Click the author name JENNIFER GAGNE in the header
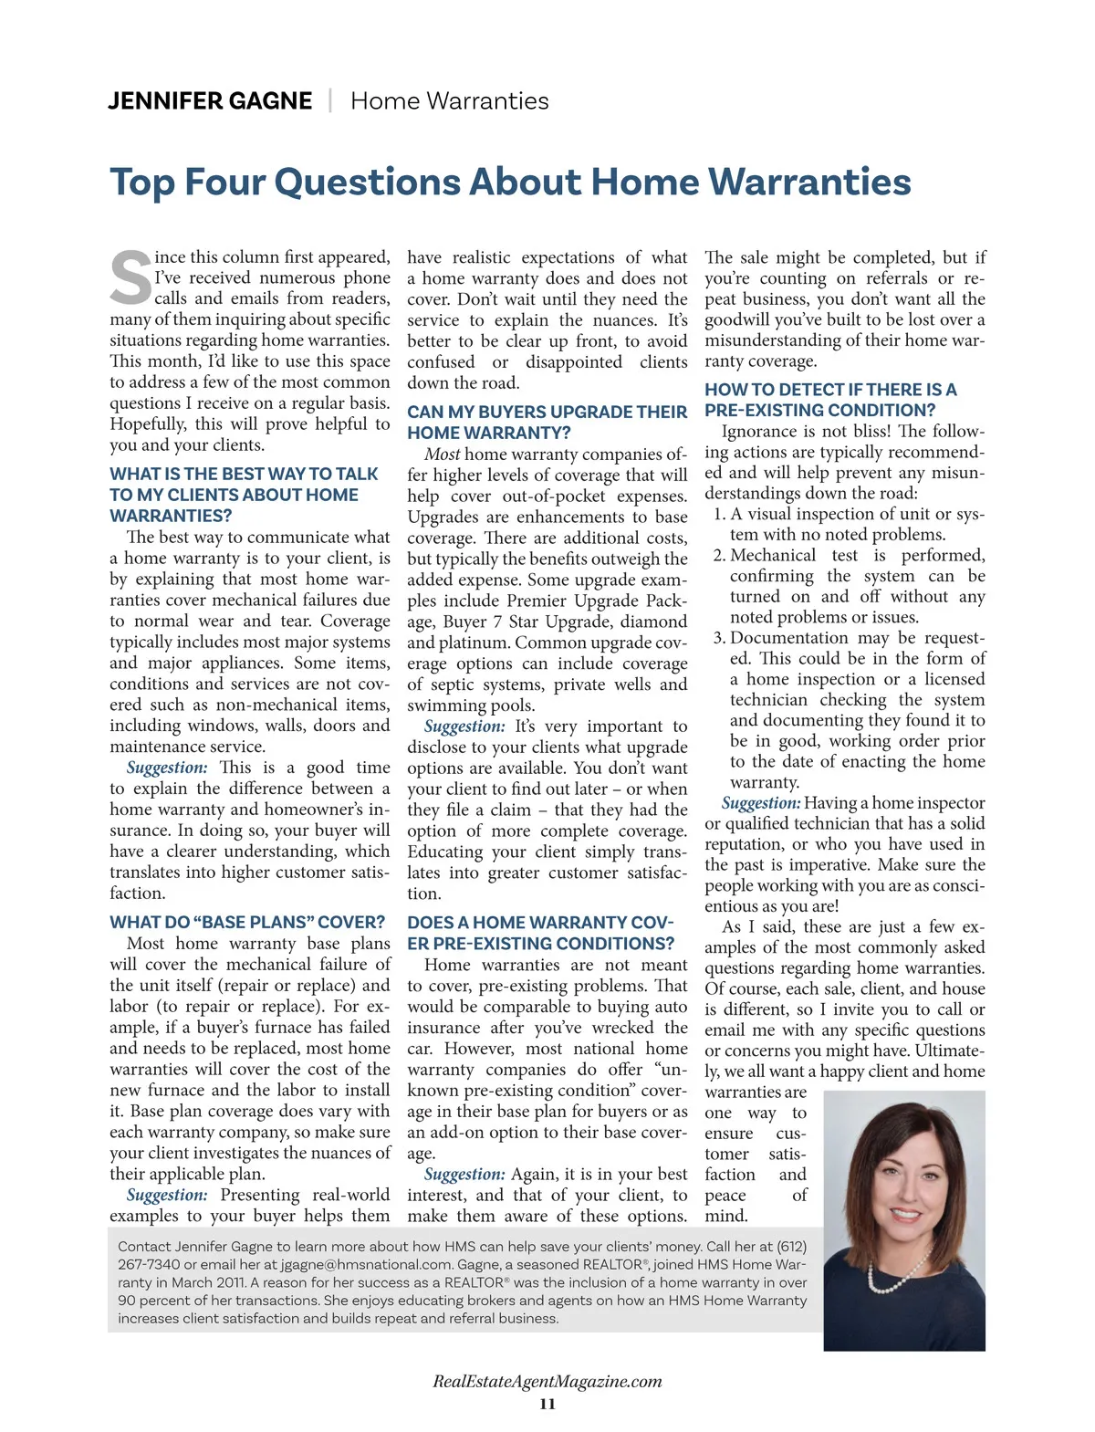click(210, 100)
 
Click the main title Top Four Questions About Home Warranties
click(510, 182)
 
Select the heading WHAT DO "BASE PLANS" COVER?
click(247, 922)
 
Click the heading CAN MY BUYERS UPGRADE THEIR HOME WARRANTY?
click(547, 423)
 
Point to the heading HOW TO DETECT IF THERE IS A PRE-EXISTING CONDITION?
click(830, 400)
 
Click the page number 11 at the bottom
click(547, 1404)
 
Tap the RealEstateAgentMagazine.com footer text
click(547, 1381)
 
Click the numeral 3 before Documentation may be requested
click(719, 638)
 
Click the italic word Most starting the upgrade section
click(443, 455)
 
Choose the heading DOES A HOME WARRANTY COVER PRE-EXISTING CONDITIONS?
click(540, 933)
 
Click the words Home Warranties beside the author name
click(450, 100)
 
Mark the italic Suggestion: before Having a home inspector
click(761, 803)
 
